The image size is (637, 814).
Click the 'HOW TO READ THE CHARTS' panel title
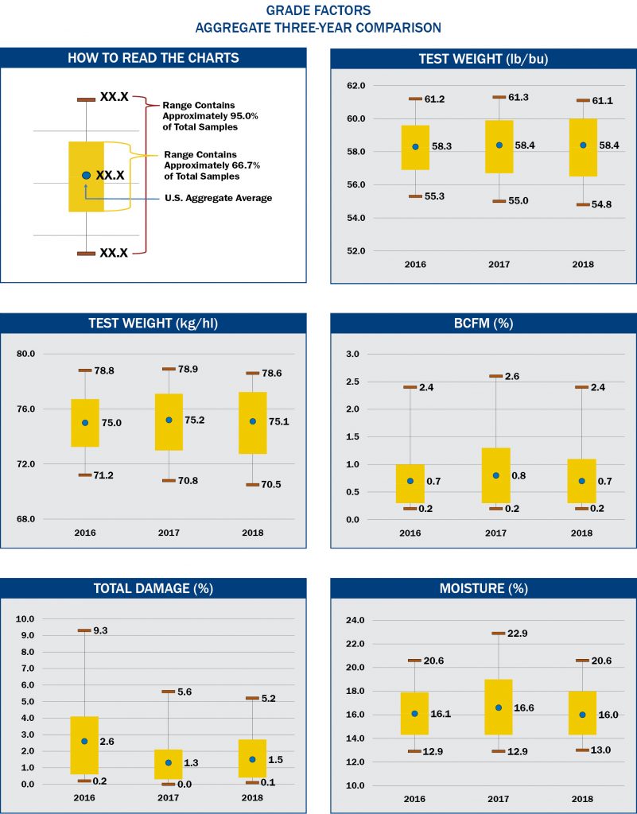[x=153, y=58]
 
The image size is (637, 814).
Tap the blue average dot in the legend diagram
[x=86, y=175]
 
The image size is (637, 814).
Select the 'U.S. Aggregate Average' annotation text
[x=218, y=198]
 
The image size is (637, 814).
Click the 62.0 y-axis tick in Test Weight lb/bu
[x=355, y=86]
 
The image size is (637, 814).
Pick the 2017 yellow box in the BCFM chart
[x=496, y=475]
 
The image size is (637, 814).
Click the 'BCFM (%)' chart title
[x=483, y=324]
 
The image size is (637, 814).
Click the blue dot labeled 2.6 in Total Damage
[x=84, y=741]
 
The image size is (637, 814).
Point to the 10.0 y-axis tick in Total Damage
[x=25, y=618]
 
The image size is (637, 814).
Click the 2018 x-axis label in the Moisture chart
[x=581, y=797]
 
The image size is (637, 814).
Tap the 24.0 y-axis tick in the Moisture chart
[x=355, y=620]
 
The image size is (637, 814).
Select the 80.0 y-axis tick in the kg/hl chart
[x=25, y=354]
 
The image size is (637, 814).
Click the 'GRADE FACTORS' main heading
[x=318, y=11]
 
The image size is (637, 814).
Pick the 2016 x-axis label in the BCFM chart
[x=410, y=532]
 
